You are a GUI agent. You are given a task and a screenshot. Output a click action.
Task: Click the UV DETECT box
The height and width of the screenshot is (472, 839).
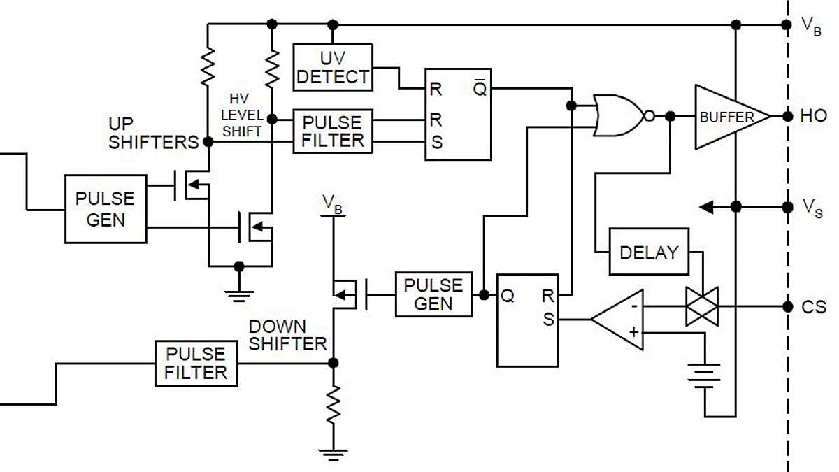pyautogui.click(x=332, y=67)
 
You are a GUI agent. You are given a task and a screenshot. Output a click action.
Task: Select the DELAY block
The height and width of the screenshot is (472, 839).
pyautogui.click(x=649, y=252)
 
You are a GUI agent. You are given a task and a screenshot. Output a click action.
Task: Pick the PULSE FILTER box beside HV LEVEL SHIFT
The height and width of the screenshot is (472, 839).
pyautogui.click(x=332, y=131)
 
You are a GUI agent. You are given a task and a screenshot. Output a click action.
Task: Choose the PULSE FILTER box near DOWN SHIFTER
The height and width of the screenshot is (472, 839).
pyautogui.click(x=196, y=363)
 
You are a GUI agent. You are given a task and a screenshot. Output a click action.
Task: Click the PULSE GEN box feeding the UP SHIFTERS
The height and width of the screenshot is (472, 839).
pyautogui.click(x=105, y=208)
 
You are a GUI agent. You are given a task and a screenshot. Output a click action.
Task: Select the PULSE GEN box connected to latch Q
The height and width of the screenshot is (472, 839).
pyautogui.click(x=433, y=294)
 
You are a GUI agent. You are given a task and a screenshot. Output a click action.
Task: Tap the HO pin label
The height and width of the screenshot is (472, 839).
pyautogui.click(x=813, y=116)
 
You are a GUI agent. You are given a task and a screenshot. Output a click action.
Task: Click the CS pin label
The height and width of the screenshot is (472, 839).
pyautogui.click(x=814, y=307)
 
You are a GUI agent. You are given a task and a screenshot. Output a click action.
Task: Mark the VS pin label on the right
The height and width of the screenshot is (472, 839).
pyautogui.click(x=812, y=207)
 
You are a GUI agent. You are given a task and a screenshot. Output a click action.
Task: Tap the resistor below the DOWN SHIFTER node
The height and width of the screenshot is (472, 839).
pyautogui.click(x=334, y=405)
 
